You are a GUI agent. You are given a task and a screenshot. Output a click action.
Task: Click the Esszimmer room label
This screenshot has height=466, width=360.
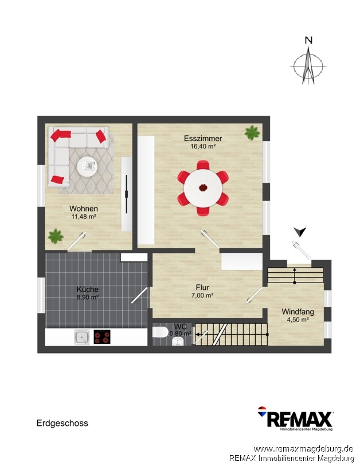click(203, 138)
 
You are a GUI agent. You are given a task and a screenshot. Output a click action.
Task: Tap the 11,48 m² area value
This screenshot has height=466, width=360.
click(84, 217)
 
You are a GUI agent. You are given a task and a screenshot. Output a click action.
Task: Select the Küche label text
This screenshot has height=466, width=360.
click(87, 289)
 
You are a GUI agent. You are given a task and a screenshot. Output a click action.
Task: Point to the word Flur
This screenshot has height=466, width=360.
click(202, 287)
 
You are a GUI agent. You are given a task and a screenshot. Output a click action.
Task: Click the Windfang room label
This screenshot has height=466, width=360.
click(298, 312)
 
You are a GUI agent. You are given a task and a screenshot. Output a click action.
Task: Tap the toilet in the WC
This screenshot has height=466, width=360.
click(161, 332)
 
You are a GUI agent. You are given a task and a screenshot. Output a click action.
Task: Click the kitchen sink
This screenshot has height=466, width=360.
click(82, 337)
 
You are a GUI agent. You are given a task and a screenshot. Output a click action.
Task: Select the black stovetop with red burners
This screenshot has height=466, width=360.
click(102, 337)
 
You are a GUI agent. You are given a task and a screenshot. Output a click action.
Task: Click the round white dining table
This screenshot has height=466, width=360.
click(203, 188)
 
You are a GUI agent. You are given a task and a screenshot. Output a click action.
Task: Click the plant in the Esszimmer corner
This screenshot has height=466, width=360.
click(252, 132)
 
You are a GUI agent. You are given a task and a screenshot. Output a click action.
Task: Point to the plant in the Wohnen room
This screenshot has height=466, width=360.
click(56, 236)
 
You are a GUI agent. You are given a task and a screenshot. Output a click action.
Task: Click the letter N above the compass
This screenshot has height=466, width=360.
click(309, 40)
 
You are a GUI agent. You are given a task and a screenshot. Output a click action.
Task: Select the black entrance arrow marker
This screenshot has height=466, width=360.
click(300, 232)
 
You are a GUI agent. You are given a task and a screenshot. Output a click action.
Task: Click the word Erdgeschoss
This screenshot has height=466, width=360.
click(62, 423)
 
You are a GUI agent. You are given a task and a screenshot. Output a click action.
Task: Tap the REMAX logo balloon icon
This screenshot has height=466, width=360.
click(262, 412)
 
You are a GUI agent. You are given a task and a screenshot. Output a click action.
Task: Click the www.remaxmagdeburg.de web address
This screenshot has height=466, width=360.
click(303, 449)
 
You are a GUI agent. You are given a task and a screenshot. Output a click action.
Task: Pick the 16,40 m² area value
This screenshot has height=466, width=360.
click(203, 146)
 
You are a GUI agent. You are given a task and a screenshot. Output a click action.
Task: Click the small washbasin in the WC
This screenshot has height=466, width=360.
click(178, 342)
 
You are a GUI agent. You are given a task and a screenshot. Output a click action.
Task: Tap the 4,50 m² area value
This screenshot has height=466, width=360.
click(298, 320)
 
